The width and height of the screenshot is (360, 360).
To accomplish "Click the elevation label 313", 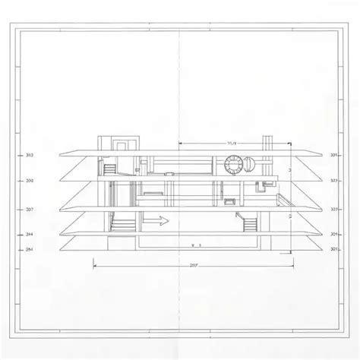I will point(29,155).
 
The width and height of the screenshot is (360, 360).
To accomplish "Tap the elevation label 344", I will point(29,235).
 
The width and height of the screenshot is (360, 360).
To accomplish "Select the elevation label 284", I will point(29,249).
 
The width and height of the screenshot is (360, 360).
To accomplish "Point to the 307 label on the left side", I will point(29,208).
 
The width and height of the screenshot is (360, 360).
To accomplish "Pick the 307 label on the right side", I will point(334,208).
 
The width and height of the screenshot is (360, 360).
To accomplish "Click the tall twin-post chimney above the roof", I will point(266,144).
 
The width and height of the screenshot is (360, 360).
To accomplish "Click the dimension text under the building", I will point(194,266).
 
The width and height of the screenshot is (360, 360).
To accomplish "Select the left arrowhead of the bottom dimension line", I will point(93,265).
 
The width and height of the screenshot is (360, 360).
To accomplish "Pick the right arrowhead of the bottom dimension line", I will point(295,265).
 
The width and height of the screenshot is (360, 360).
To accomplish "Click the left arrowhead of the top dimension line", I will point(179,142).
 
